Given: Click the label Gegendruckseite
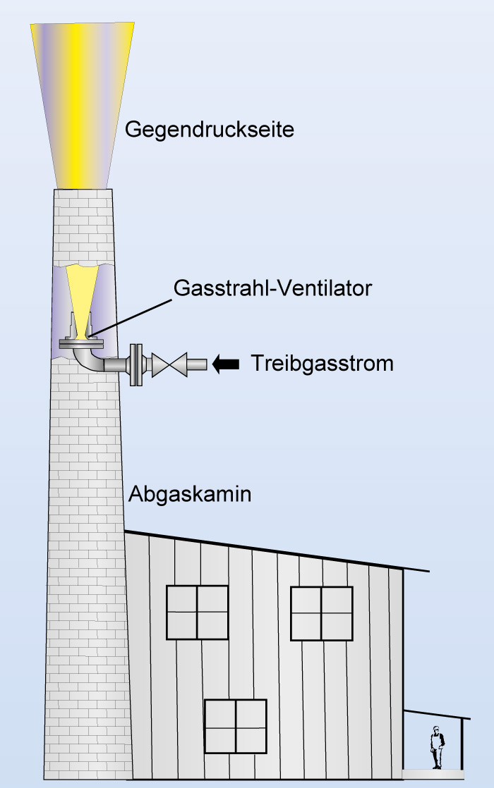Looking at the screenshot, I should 209,130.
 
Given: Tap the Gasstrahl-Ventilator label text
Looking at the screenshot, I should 272,288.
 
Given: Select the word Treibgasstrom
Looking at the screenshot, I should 322,364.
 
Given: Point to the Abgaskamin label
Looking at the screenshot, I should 190,495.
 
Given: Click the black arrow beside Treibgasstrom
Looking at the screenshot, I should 226,364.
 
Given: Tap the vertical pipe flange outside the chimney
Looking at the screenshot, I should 138,364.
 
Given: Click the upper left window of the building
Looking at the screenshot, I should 197,612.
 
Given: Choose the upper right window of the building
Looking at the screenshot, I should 321,613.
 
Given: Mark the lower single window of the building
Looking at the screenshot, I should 236,726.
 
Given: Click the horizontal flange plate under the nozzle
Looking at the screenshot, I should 82,344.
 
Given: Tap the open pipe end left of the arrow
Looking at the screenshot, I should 198,364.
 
